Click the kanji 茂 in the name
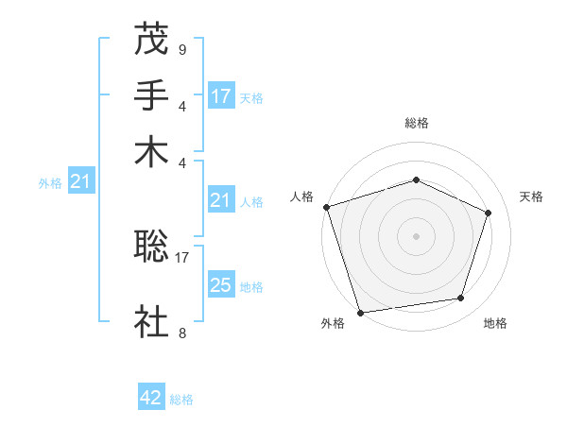pos(151,41)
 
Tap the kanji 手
pos(151,95)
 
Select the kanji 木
pos(151,151)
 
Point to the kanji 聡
pos(151,248)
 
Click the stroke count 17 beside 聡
pos(182,256)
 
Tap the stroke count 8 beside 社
pos(181,332)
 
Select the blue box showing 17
pos(221,96)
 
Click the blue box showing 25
pos(221,285)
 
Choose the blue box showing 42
pos(151,398)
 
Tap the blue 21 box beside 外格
pos(79,182)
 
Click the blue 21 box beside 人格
pos(221,200)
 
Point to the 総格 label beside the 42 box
pos(181,400)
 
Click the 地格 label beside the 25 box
pos(251,286)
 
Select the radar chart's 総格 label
pos(416,123)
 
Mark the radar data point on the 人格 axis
pos(327,207)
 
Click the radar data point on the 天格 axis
pos(489,213)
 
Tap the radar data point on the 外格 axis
pos(361,312)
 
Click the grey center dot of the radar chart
pos(416,235)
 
